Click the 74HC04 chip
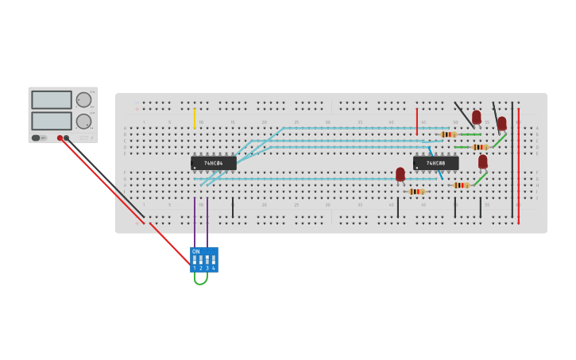tap(214, 163)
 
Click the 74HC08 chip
tap(435, 163)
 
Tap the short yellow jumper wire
tap(194, 118)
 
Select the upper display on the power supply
tap(52, 100)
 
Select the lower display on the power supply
tap(52, 121)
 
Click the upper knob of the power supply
tap(83, 100)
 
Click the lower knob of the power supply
tap(83, 122)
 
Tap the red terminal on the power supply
tap(60, 138)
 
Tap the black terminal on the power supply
tap(67, 138)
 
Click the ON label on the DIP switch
tap(196, 252)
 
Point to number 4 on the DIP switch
tap(214, 269)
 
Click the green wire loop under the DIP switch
tap(200, 280)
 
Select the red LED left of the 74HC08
tap(400, 173)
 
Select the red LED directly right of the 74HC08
tap(483, 161)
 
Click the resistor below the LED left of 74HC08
tap(416, 192)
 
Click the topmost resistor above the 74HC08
tap(449, 134)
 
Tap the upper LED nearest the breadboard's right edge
tap(501, 123)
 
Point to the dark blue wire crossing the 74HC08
tap(436, 163)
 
